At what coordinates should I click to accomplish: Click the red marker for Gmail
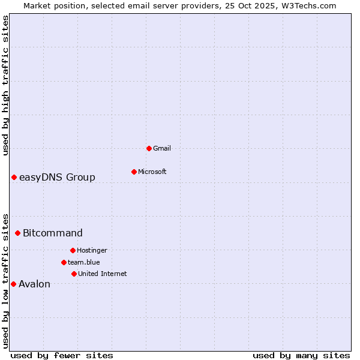point(149,148)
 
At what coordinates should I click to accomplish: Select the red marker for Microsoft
point(134,172)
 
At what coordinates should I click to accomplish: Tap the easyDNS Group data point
point(14,177)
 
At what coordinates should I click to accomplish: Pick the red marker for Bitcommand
point(17,233)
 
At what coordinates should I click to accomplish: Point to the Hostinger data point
point(73,250)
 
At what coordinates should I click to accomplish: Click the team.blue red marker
point(64,262)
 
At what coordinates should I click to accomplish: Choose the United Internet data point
point(74,274)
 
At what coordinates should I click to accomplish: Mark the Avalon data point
point(13,284)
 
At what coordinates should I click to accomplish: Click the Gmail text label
point(162,148)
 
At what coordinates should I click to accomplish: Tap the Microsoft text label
point(152,172)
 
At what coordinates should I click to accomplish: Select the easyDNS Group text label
point(57,177)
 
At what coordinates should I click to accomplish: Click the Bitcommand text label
point(53,233)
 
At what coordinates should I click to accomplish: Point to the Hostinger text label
point(92,250)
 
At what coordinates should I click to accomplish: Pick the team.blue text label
point(84,262)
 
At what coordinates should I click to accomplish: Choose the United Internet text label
point(102,274)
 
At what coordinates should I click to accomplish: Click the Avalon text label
point(34,284)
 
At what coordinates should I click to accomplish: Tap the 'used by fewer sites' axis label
point(62,355)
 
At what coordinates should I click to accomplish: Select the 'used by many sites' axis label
point(301,355)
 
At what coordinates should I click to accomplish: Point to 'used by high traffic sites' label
point(5,85)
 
